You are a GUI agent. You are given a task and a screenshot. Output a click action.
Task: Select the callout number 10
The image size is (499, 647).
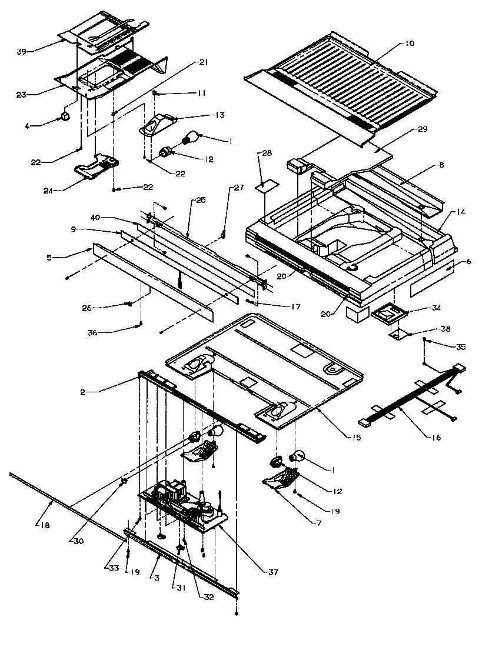(x=410, y=44)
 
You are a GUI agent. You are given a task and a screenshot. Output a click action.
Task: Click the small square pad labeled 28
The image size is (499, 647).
(x=264, y=186)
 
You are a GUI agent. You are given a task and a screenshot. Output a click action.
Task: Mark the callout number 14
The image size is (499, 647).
(x=460, y=212)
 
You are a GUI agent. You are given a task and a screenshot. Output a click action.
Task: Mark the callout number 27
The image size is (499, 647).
(x=238, y=188)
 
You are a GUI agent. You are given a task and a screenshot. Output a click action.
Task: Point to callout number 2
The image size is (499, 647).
(x=85, y=392)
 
